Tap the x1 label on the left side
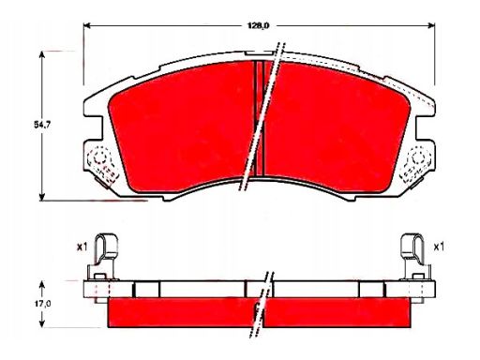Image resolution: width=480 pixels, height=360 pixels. click(x=82, y=247)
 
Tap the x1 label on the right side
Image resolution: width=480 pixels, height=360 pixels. click(x=437, y=247)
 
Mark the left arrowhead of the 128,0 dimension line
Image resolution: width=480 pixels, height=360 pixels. click(x=88, y=24)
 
